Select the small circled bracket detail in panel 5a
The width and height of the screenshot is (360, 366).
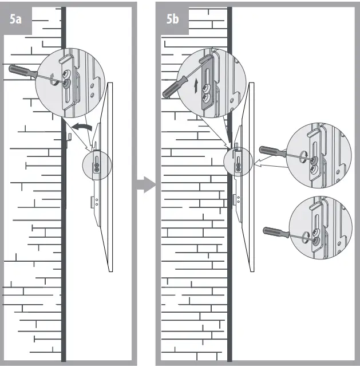pyautogui.click(x=97, y=166)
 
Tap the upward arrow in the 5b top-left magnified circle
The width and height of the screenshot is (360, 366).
pyautogui.click(x=196, y=86)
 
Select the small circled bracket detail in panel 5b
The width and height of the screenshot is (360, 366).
pyautogui.click(x=238, y=160)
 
